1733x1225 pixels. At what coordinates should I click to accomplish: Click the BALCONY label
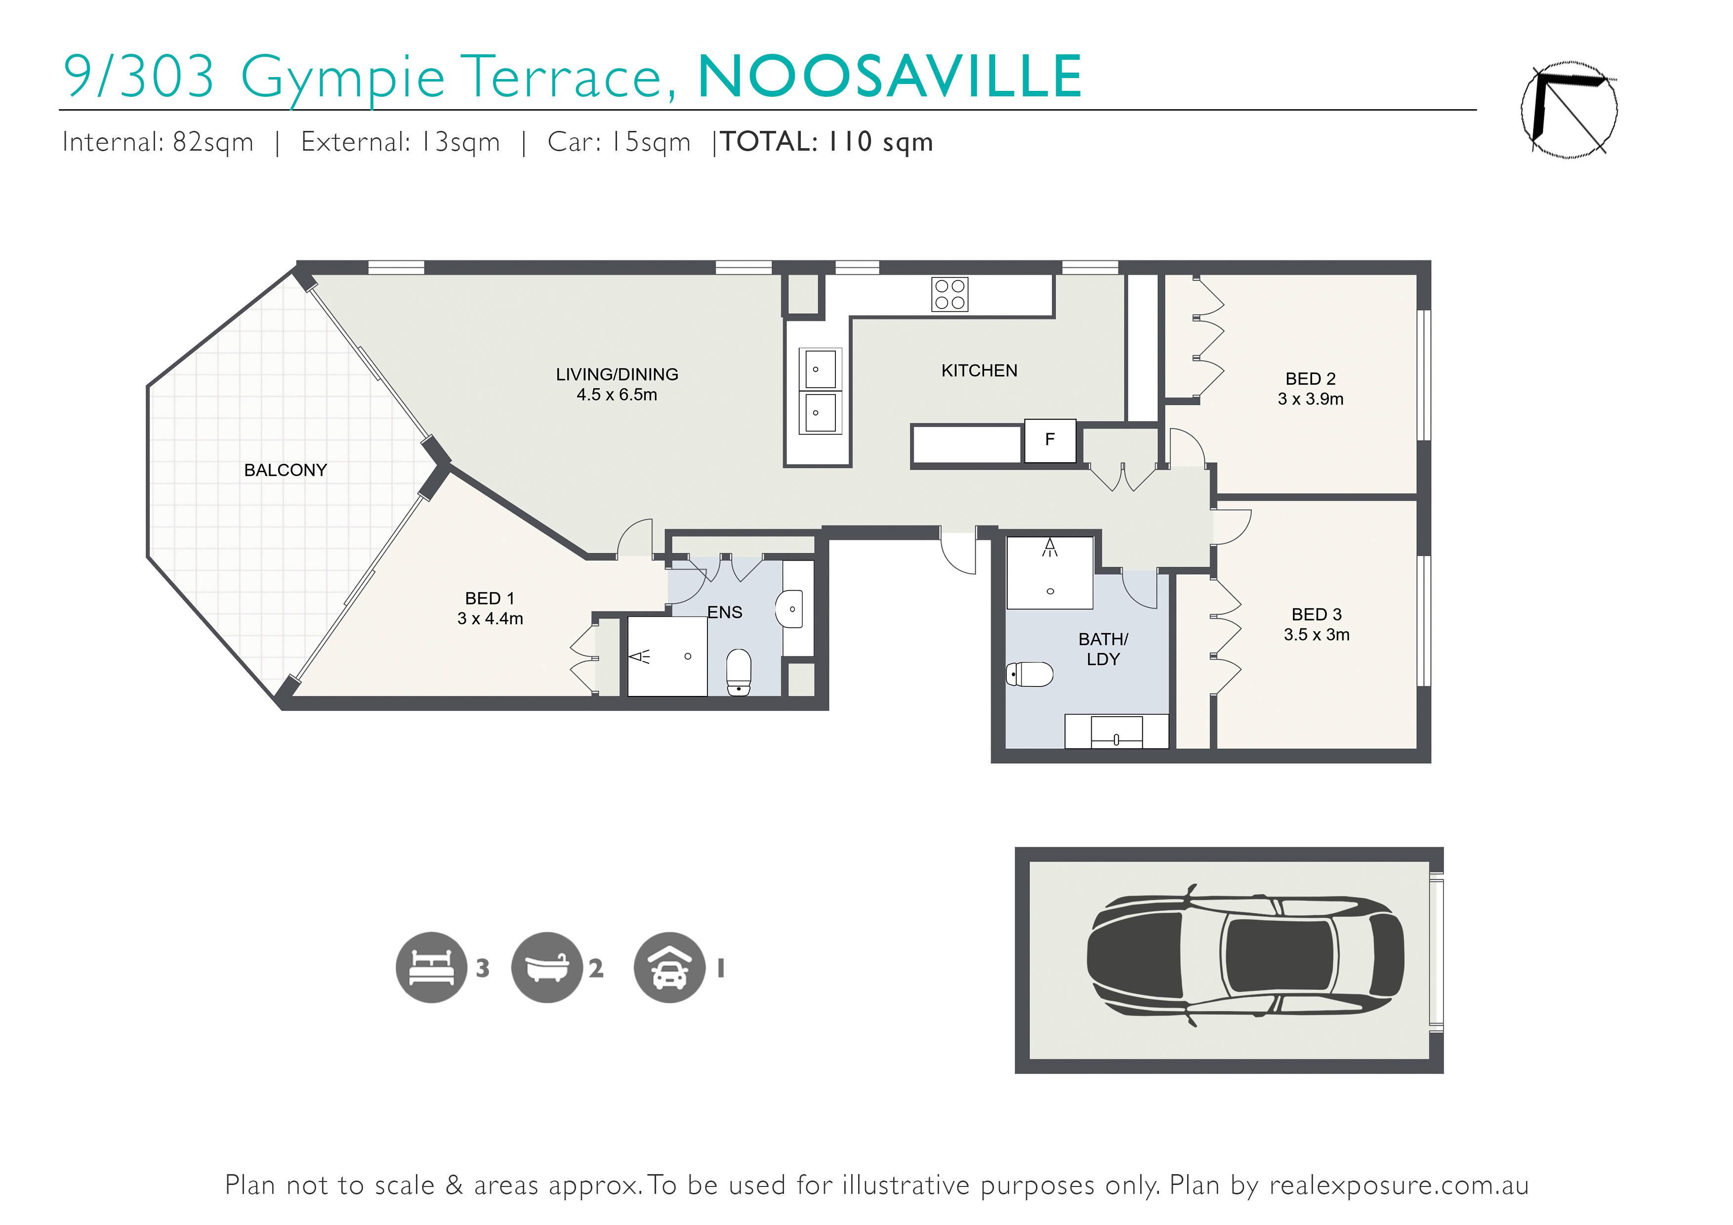coord(286,470)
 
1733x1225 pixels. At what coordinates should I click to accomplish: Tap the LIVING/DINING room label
coord(617,374)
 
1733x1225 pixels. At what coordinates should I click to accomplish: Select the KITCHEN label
coord(979,370)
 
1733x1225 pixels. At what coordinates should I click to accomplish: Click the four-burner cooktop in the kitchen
coord(949,294)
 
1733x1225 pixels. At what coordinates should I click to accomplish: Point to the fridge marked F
coord(1049,440)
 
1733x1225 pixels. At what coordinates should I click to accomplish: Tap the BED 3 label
coord(1317,614)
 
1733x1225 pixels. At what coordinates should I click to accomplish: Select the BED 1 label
coord(490,599)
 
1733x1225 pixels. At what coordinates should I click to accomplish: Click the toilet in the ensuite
coord(739,672)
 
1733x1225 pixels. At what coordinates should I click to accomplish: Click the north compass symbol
coord(1568,110)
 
